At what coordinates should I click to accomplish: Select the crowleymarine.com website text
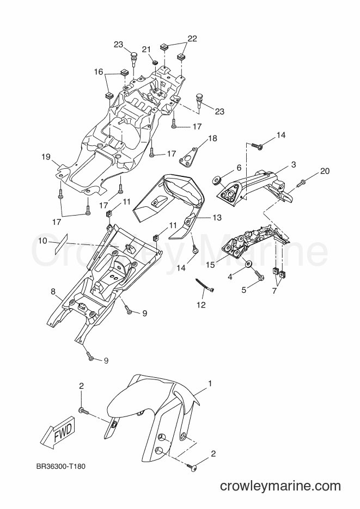click(280, 486)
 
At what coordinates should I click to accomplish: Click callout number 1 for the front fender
click(210, 383)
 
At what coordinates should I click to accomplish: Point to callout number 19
click(46, 157)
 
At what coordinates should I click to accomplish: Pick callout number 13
click(217, 218)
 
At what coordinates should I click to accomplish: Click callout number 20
click(325, 171)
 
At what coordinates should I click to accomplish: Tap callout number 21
click(147, 49)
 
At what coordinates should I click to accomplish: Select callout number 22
click(192, 38)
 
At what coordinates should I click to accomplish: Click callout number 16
click(99, 72)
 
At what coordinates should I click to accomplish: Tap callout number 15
click(210, 265)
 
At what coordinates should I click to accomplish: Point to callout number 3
click(294, 164)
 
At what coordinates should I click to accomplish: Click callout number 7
click(274, 291)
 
